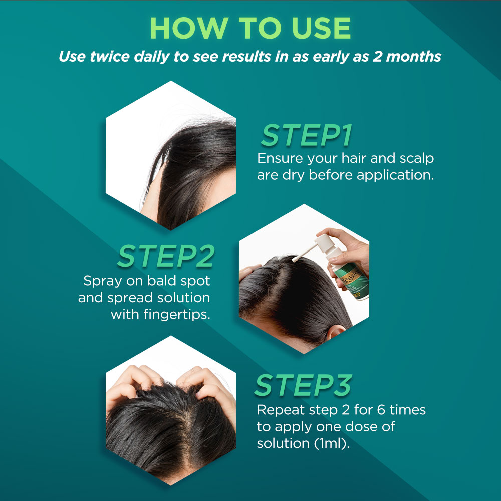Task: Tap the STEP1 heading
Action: [x=307, y=136]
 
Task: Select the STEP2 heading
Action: [x=166, y=256]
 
